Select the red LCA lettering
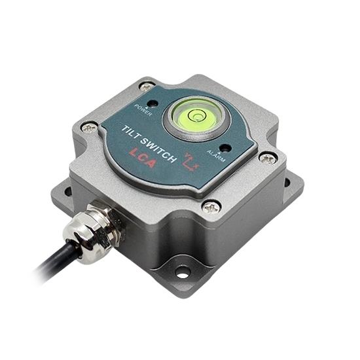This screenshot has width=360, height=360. (142, 156)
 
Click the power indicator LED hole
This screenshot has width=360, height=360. (153, 103)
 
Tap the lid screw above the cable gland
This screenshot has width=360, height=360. (90, 129)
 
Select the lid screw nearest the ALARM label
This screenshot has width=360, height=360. (266, 158)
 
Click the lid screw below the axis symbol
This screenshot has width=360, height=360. (211, 207)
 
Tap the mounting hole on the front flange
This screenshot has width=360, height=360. (183, 270)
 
